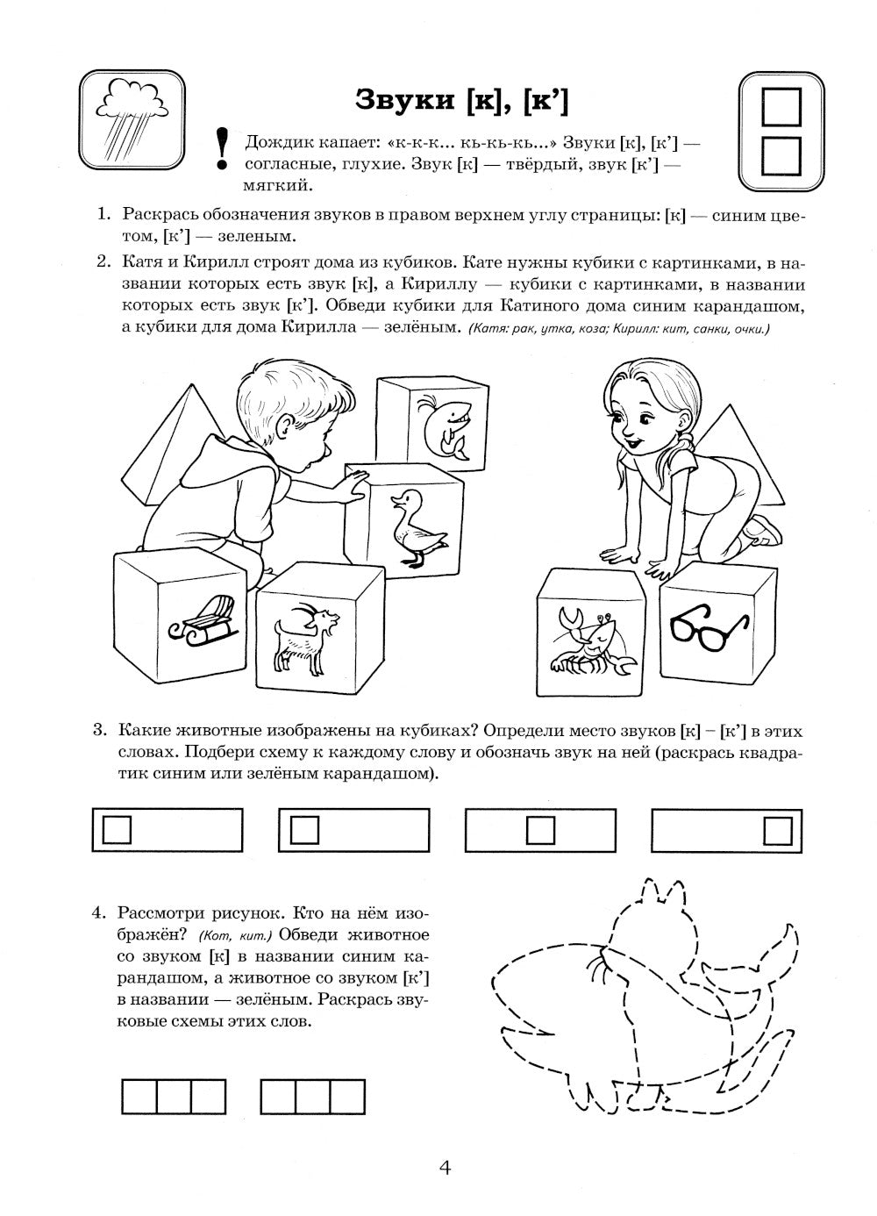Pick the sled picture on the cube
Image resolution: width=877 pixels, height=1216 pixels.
[200, 619]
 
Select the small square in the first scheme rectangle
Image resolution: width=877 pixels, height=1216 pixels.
[118, 829]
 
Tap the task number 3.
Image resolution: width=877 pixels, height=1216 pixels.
[99, 730]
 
